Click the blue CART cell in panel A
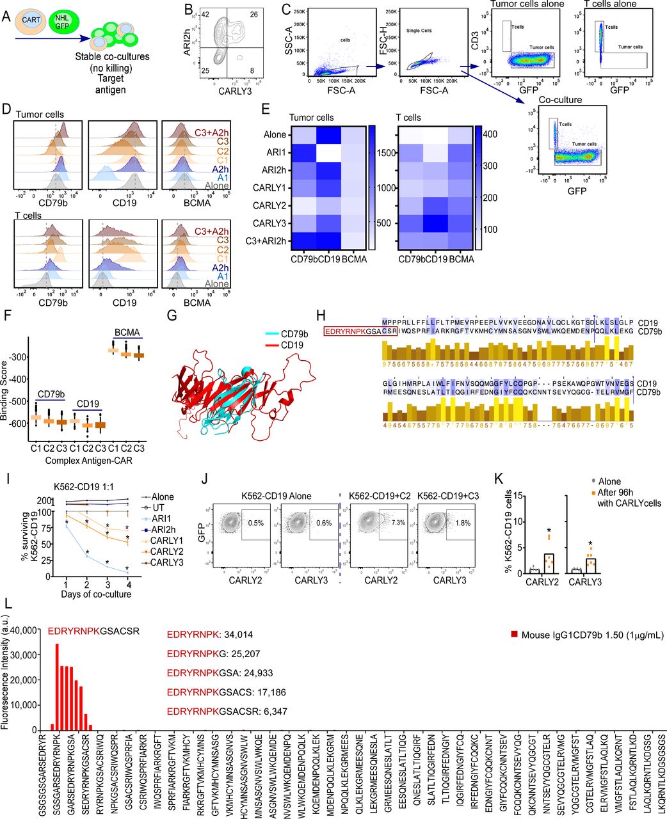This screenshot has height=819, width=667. click(30, 21)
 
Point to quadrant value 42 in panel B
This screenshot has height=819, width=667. click(205, 15)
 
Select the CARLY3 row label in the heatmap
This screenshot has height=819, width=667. click(269, 223)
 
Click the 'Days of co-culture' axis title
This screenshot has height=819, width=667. click(97, 594)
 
